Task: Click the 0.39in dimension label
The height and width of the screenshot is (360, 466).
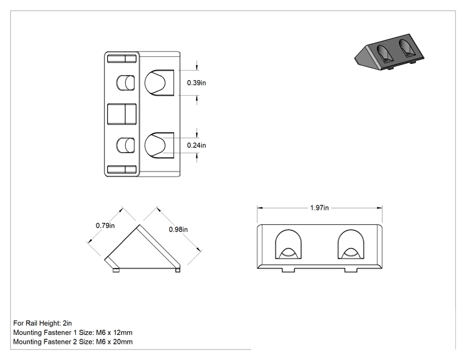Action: [x=196, y=83]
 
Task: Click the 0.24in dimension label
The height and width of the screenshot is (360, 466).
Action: [x=196, y=145]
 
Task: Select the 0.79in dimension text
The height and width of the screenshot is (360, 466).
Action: [x=105, y=225]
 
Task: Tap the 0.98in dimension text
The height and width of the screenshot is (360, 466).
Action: [x=179, y=229]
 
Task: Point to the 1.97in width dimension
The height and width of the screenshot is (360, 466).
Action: [x=319, y=208]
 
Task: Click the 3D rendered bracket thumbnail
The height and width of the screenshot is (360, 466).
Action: [x=390, y=52]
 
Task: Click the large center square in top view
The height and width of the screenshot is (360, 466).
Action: [x=122, y=114]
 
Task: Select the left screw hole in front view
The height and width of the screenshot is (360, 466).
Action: [x=288, y=244]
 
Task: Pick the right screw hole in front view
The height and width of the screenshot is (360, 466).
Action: [x=351, y=244]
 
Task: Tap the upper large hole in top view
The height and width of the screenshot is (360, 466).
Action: [x=159, y=83]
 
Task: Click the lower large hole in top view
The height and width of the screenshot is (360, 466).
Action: [x=159, y=145]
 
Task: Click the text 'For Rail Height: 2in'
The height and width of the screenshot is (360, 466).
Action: [x=43, y=323]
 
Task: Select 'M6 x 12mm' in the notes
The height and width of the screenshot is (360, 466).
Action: [x=114, y=332]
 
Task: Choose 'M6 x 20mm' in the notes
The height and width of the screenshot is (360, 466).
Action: [x=114, y=342]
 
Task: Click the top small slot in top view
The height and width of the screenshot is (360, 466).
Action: [x=122, y=58]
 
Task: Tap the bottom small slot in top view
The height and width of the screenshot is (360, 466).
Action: [x=122, y=170]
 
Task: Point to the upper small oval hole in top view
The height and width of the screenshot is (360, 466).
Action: [x=125, y=83]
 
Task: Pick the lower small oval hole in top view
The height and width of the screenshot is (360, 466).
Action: [x=125, y=145]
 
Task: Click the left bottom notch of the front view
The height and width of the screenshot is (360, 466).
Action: [x=288, y=270]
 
